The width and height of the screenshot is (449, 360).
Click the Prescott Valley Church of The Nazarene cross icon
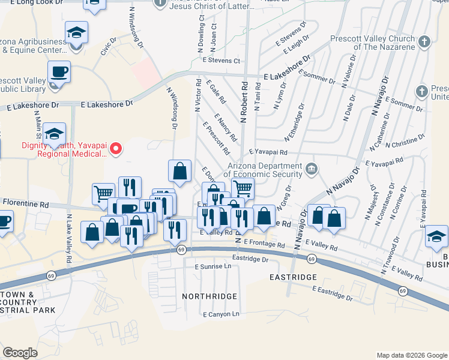pos(424,41)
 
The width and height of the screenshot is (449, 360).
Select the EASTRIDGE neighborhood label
pos(293,277)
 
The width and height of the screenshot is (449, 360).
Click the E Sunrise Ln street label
pos(212,266)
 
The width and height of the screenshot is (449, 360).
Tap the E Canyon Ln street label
pos(221,314)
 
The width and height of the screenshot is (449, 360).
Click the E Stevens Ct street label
pos(221,61)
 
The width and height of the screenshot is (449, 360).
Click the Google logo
pos(20,353)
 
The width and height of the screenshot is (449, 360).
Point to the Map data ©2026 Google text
pos(411,355)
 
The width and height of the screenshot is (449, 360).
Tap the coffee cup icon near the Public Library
pos(59,73)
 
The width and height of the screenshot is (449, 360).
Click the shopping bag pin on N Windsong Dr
pos(179,172)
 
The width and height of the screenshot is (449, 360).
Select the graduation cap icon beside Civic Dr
pos(76,32)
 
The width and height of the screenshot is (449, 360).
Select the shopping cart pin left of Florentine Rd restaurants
pos(103,194)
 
